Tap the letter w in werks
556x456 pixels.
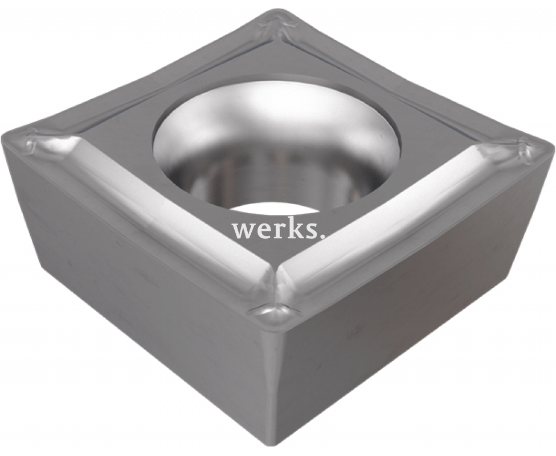click(242, 231)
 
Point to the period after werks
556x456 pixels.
click(323, 237)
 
